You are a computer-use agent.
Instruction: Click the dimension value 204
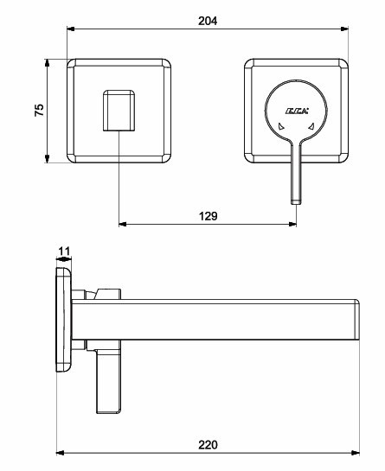click(208, 21)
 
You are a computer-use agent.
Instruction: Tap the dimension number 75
click(40, 111)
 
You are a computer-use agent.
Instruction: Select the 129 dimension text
click(209, 216)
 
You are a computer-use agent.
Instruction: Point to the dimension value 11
click(64, 251)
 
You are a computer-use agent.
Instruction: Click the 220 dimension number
click(208, 445)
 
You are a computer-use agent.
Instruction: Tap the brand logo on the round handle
click(297, 111)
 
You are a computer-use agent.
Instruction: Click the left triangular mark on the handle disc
click(281, 126)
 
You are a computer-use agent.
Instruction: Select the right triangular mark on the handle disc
click(311, 126)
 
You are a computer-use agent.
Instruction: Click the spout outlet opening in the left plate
click(119, 111)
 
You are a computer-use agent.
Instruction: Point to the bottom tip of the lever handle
click(296, 204)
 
